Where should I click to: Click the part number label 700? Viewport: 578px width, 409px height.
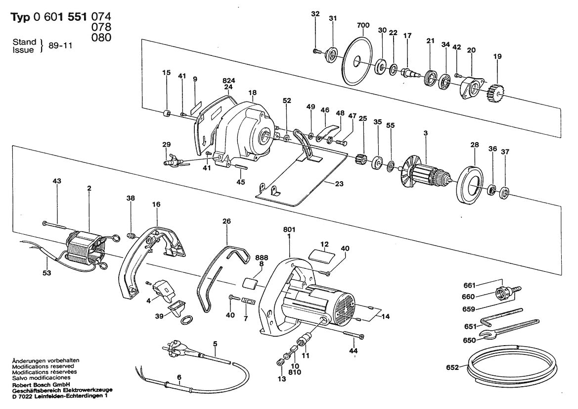(x=362, y=25)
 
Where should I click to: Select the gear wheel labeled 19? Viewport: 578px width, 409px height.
(x=495, y=92)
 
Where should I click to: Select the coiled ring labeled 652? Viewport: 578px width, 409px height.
(x=510, y=364)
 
